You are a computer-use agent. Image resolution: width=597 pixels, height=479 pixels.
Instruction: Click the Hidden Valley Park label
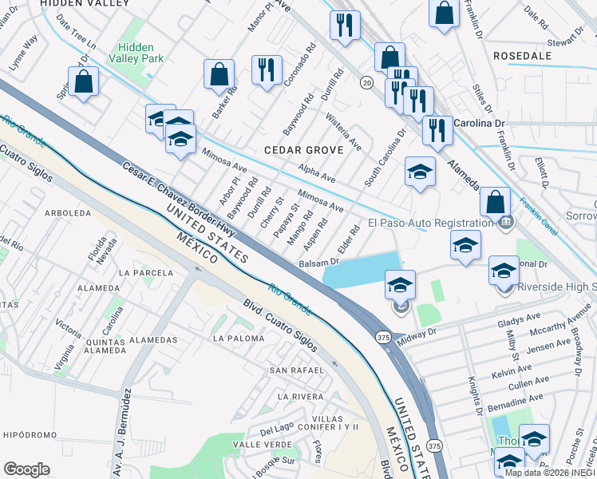(140, 53)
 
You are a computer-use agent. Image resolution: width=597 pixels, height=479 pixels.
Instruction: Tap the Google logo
(26, 469)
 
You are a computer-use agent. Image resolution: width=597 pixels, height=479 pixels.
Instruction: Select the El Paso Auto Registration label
(430, 224)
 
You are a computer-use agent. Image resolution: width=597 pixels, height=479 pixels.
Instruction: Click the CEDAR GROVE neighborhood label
(303, 149)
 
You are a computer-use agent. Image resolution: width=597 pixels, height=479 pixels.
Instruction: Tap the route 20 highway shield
(366, 82)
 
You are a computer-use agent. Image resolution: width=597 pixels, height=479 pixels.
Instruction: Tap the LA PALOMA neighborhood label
(238, 338)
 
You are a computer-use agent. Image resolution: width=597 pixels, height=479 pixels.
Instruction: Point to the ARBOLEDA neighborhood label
(68, 213)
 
